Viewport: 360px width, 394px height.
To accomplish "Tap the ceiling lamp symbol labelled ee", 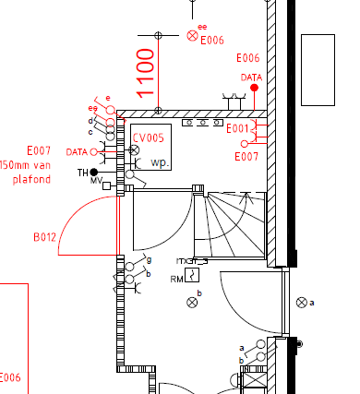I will (192, 35).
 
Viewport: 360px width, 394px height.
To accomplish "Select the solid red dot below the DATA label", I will (253, 88).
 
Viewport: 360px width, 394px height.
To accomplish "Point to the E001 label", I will (237, 128).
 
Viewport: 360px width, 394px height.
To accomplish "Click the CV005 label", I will (148, 137).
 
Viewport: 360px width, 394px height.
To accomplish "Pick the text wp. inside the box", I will (162, 162).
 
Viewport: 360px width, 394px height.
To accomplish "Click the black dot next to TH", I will (94, 172).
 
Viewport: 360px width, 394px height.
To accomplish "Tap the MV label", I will (96, 181).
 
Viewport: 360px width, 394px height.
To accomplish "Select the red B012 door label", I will (45, 237).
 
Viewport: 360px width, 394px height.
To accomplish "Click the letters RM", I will (176, 278).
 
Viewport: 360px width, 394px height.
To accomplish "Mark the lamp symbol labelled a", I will (301, 302).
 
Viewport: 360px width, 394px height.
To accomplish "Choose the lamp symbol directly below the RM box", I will (192, 302).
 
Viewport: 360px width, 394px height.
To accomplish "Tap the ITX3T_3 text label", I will (192, 261).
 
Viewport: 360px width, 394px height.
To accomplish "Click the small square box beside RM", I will (192, 275).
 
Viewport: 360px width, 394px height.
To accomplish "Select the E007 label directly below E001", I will (247, 158).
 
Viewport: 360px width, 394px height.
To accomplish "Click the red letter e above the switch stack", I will (108, 98).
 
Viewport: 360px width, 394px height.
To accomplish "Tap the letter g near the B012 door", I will (149, 261).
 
